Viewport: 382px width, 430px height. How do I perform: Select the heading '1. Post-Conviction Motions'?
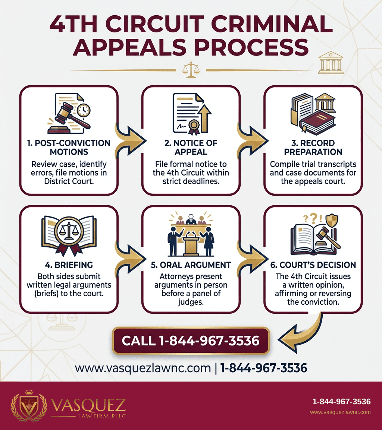click(69, 147)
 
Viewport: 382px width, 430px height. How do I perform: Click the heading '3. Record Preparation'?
click(313, 147)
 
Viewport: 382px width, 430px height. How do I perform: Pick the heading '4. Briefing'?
click(69, 265)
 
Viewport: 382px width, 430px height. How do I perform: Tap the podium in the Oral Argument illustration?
click(191, 243)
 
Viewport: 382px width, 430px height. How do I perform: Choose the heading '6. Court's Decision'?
click(313, 265)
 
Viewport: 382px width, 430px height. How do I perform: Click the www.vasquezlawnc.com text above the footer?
click(143, 368)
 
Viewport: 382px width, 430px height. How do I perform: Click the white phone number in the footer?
click(341, 402)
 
